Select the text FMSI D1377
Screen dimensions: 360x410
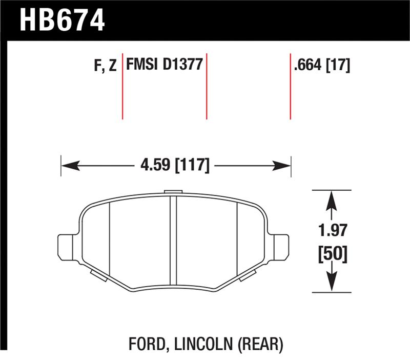click(163, 66)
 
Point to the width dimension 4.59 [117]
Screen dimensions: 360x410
click(175, 166)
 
